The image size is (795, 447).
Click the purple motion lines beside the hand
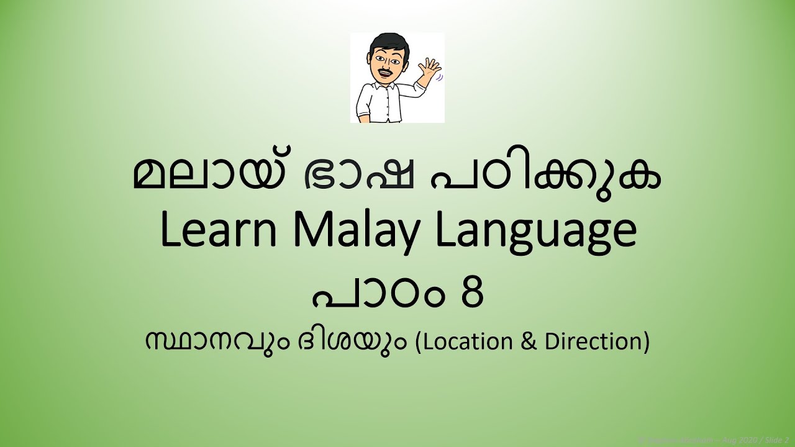click(x=441, y=78)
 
